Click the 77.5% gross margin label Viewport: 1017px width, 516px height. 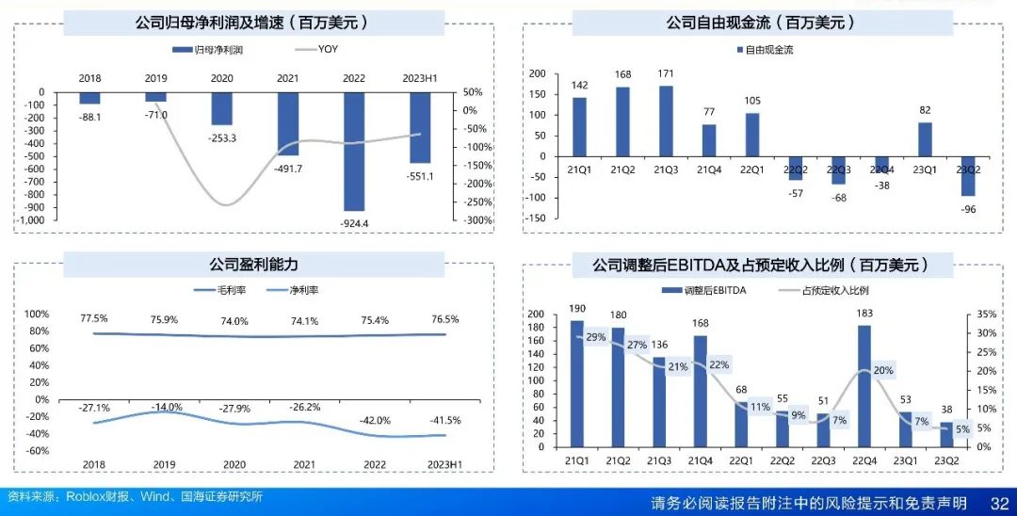[x=94, y=319]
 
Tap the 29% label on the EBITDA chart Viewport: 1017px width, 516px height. [x=596, y=337]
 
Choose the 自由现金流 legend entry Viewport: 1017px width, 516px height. [x=768, y=49]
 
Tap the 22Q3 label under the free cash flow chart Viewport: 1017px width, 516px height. [x=839, y=169]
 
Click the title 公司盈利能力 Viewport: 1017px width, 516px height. [x=253, y=265]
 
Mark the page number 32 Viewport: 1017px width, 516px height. [x=999, y=502]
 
